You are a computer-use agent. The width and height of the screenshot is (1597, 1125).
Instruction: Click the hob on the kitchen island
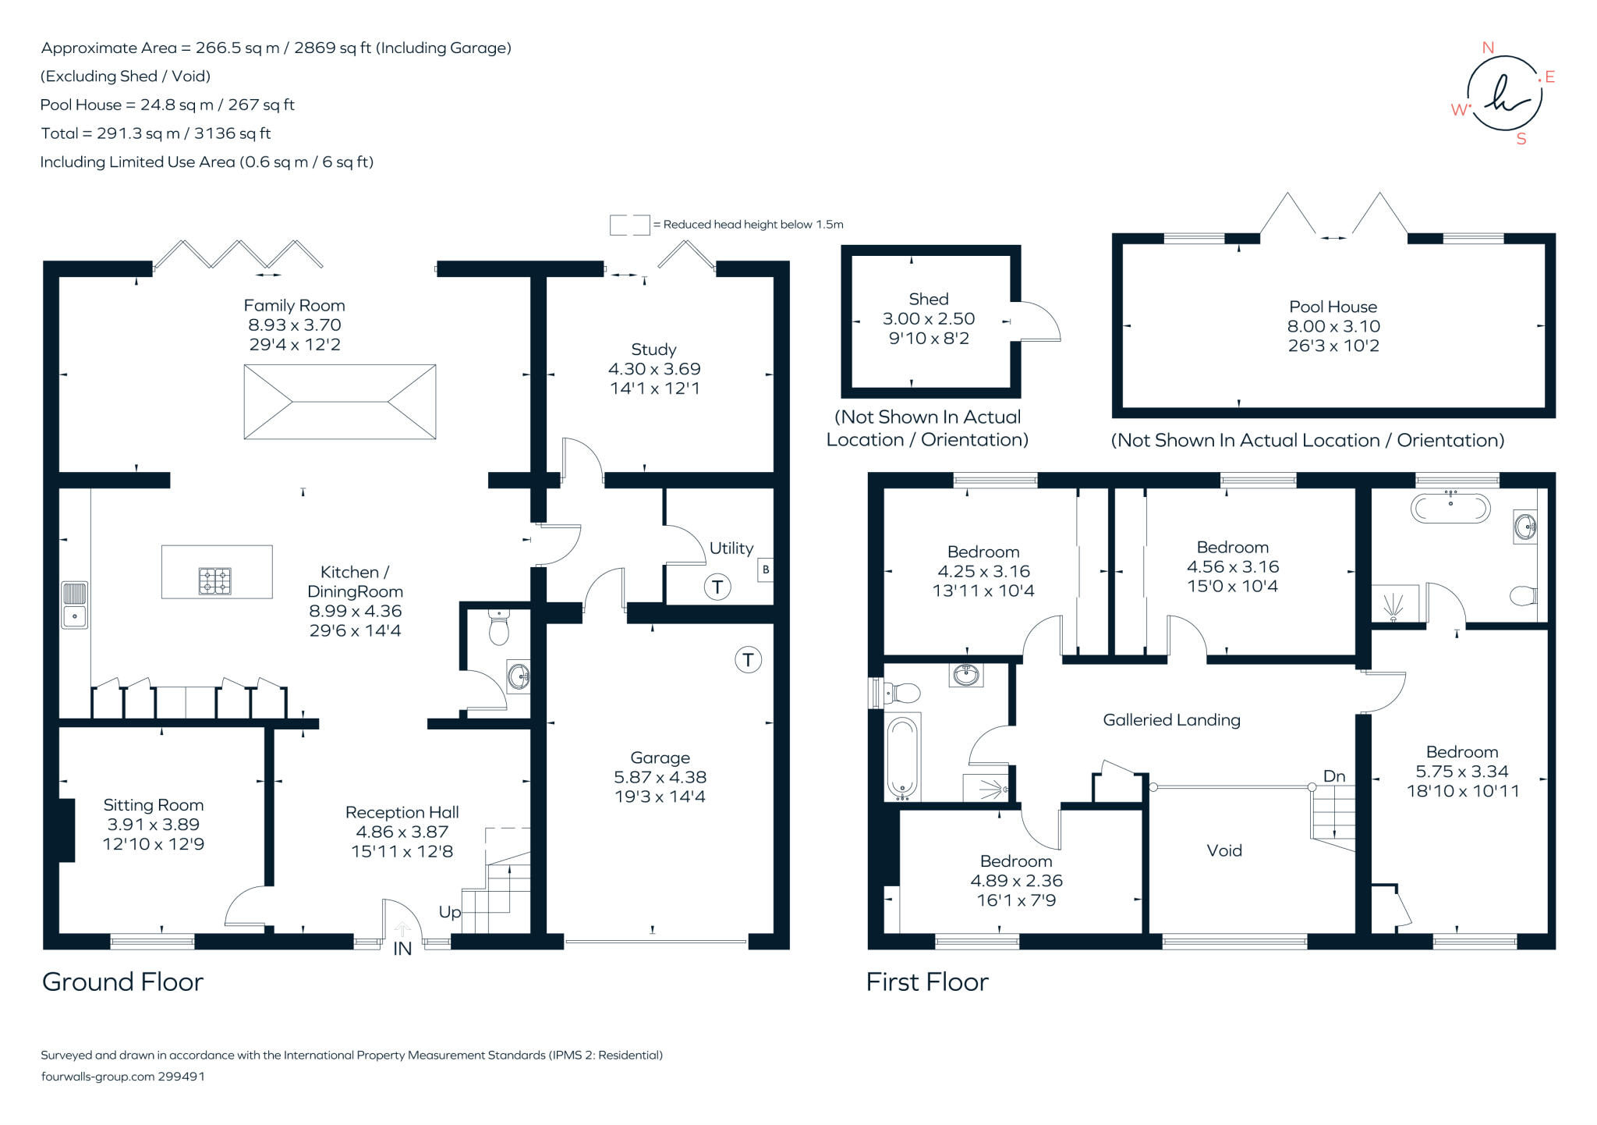coord(215,580)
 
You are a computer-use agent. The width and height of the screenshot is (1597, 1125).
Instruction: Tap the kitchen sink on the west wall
coord(75,605)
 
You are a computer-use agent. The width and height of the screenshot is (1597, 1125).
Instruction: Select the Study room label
coord(653,350)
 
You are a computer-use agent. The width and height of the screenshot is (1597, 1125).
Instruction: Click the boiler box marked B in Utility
coord(766,570)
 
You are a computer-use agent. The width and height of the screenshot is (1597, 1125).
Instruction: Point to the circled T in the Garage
coord(748,660)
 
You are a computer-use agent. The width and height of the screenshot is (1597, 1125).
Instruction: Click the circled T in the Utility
coord(717,587)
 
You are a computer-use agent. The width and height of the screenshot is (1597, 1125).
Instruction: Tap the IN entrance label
coord(402,949)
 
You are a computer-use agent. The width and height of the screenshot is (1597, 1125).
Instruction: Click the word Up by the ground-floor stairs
coord(450,912)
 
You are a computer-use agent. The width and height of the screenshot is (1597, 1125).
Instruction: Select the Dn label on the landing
coord(1334,775)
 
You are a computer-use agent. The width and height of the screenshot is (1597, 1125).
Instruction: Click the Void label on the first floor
coord(1224,850)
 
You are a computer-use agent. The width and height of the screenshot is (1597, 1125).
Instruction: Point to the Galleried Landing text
coord(1171,720)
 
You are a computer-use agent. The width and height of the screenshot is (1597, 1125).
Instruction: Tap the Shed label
coord(928,299)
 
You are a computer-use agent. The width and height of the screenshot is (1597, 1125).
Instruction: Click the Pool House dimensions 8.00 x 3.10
coord(1333,326)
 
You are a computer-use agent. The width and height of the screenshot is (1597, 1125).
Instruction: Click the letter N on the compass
coord(1488,48)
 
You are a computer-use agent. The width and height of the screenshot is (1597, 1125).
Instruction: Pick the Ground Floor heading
coord(122,981)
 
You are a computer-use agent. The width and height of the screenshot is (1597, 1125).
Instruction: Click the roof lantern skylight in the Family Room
coord(340,402)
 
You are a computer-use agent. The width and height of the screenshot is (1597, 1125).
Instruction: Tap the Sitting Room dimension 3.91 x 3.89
coord(154,824)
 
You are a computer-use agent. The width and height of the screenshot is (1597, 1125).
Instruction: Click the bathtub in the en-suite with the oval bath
coord(1450,509)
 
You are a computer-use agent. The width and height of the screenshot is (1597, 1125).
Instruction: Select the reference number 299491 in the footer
coord(181,1076)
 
